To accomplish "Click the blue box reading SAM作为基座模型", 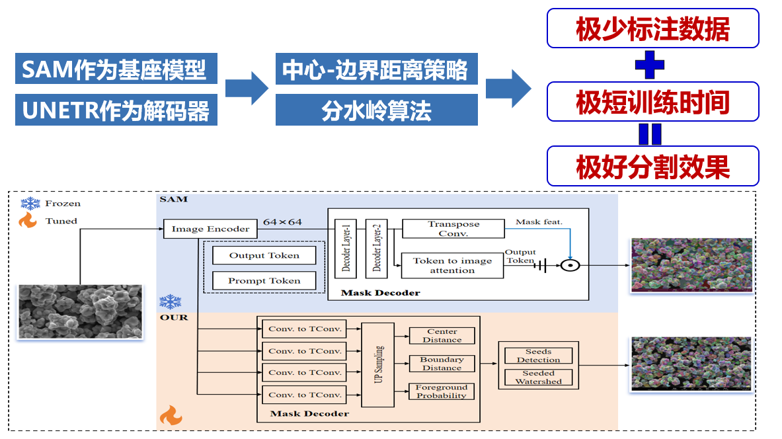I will (x=116, y=69).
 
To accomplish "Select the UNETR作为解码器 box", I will (x=116, y=110).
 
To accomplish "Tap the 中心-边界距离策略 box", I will (x=376, y=69).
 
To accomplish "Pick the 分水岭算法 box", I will (x=376, y=110).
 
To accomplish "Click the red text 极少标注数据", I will (x=652, y=28).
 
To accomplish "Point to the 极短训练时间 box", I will (x=652, y=102).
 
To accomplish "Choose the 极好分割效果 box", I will (x=652, y=166).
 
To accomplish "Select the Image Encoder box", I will (x=210, y=229).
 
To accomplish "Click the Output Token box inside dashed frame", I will (x=264, y=255).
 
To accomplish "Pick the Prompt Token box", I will (x=264, y=281).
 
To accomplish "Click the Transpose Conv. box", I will (x=453, y=229).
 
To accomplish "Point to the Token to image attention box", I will (x=453, y=265).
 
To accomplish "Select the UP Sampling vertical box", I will (x=378, y=365).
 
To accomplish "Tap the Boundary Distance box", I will (x=442, y=364).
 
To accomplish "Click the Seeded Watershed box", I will (x=538, y=378).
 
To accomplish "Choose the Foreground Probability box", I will (x=442, y=391).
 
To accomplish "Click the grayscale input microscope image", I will (x=80, y=311).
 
